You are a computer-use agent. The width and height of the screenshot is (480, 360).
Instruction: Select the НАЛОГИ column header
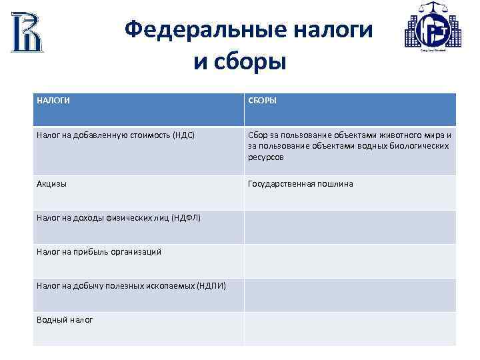[53, 101]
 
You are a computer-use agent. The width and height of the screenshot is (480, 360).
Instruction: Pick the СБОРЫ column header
[263, 101]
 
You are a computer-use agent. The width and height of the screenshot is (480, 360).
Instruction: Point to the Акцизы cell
[51, 183]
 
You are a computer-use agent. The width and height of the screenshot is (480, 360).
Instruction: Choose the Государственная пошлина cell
[300, 183]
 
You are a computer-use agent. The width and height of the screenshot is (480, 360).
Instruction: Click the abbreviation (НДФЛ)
[186, 218]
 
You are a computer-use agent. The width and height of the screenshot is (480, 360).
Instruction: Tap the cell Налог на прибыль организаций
[99, 251]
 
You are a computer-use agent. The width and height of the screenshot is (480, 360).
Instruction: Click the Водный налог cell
[65, 319]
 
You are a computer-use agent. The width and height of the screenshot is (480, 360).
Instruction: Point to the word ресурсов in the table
[265, 157]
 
